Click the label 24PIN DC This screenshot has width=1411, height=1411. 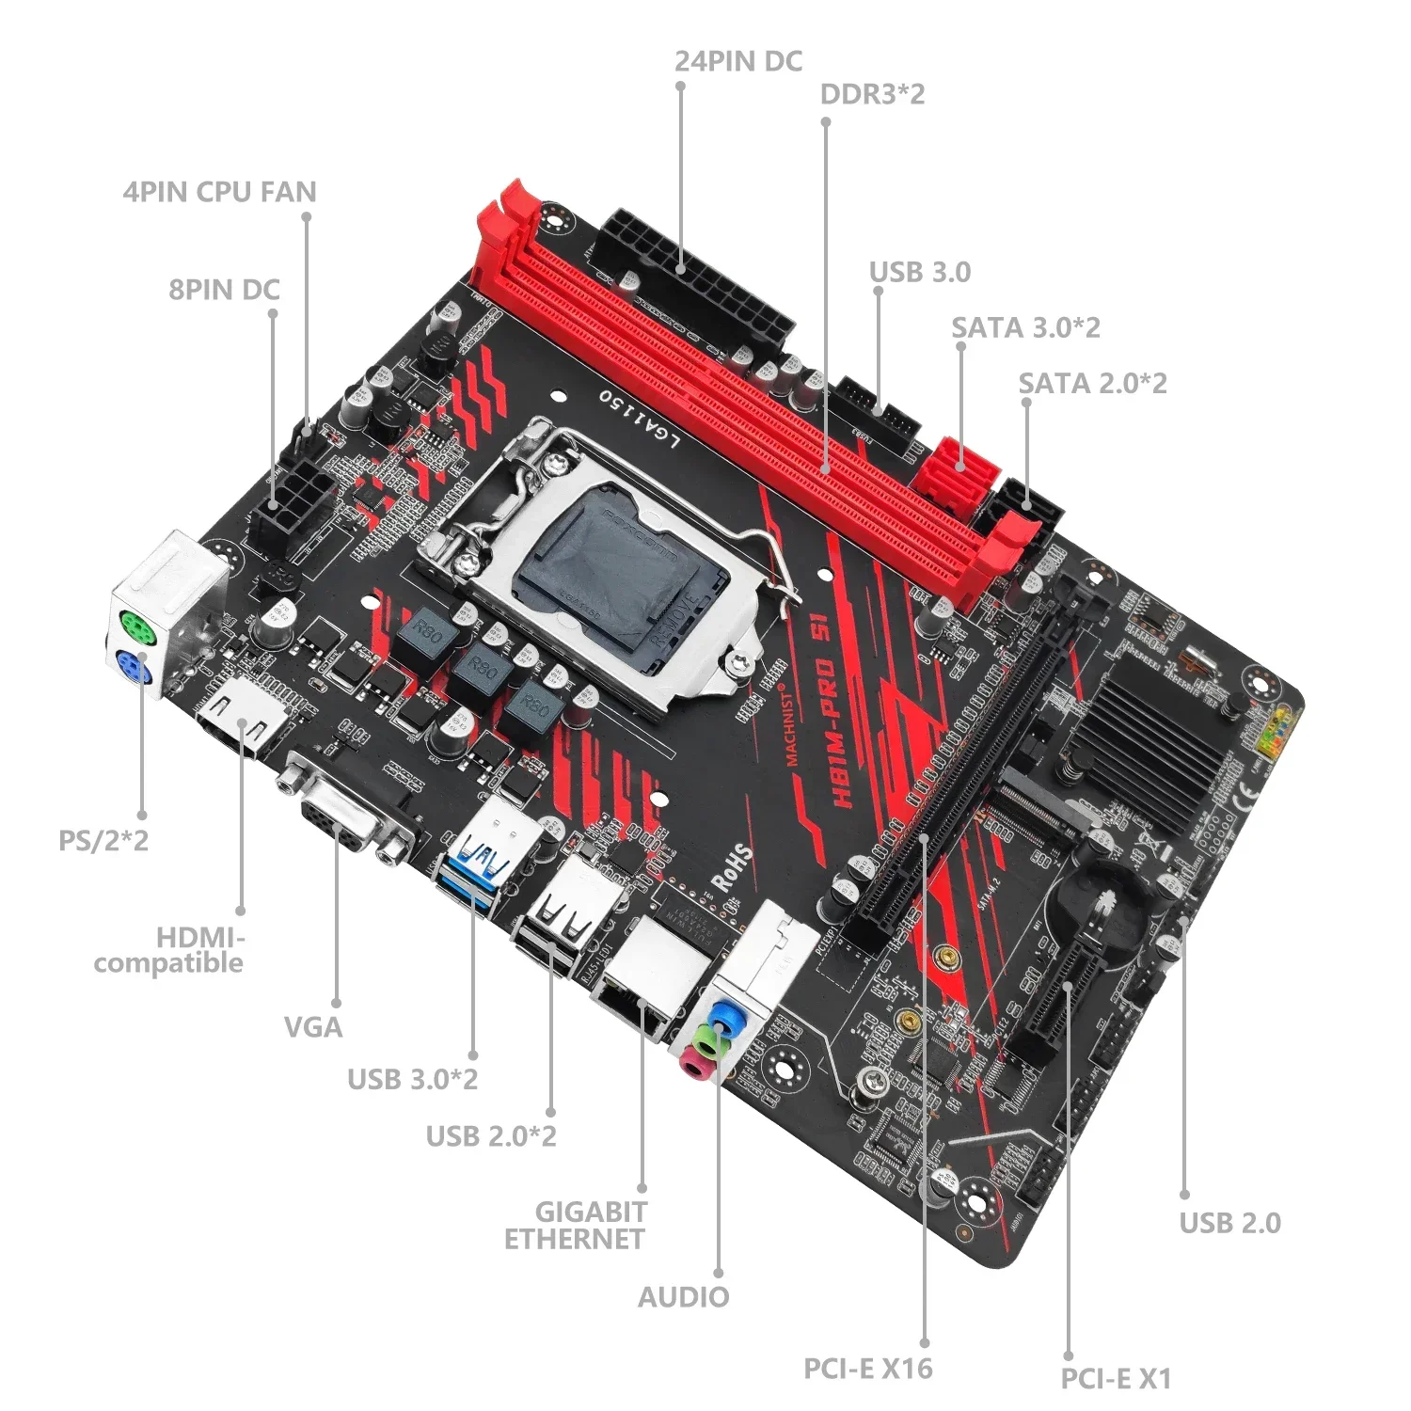[738, 61]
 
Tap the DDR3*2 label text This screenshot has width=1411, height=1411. [872, 94]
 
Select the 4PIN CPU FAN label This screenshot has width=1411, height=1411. [219, 192]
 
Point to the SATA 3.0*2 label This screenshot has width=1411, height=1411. [1025, 327]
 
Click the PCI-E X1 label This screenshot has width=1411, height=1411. [1116, 1379]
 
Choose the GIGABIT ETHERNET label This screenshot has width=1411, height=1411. [575, 1225]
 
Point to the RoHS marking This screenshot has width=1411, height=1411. [732, 866]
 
